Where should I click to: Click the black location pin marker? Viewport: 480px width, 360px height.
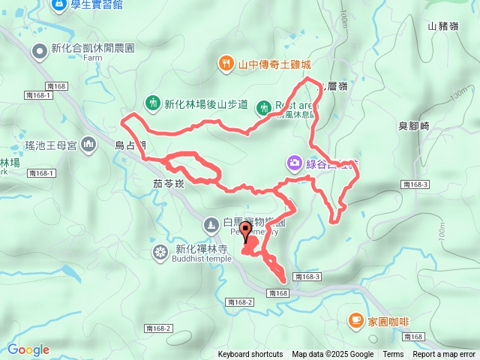[245, 232]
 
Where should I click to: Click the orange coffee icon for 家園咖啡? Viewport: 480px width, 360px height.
[355, 321]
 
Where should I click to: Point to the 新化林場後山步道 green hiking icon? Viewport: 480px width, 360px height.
[153, 103]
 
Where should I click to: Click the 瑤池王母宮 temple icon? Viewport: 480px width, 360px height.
[88, 142]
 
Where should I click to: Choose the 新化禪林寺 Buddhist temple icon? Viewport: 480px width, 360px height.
[160, 251]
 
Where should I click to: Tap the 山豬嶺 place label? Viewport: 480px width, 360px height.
[442, 26]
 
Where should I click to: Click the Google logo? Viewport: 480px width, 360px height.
[28, 349]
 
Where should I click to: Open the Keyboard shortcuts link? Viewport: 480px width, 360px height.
[250, 355]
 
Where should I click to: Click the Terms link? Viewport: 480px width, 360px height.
[393, 355]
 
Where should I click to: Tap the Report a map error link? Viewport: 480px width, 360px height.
[444, 355]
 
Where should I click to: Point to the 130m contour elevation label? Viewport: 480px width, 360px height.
[459, 98]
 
